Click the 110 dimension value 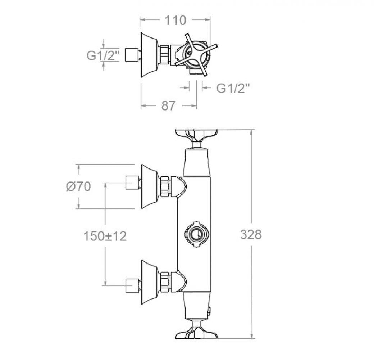(176, 21)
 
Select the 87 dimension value (168, 105)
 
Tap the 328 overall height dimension (251, 235)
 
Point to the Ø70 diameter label (78, 186)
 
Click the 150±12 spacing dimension (105, 237)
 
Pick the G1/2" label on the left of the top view (103, 56)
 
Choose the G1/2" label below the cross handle (233, 88)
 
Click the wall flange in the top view (148, 55)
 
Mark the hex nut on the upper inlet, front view (165, 186)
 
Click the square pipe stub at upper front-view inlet (132, 183)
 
